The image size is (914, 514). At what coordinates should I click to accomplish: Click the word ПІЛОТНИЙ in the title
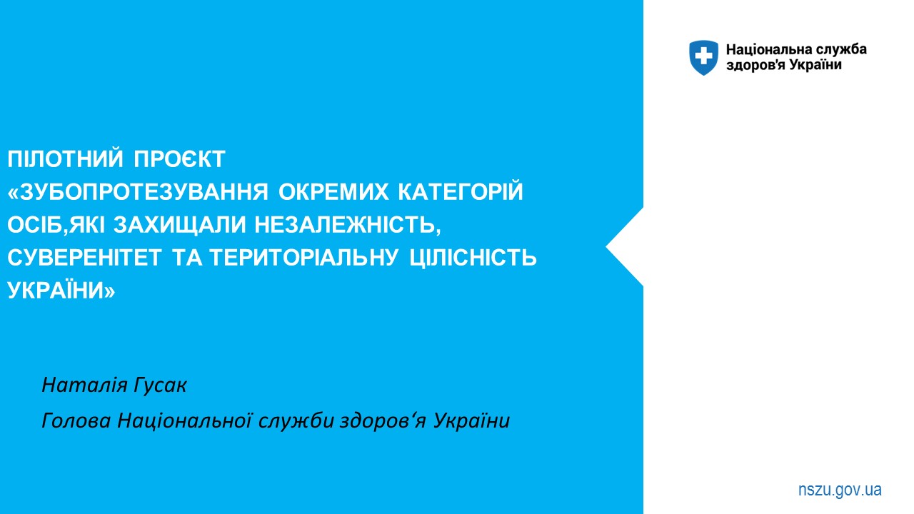click(x=65, y=158)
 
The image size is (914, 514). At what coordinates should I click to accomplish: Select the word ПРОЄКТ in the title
click(x=179, y=158)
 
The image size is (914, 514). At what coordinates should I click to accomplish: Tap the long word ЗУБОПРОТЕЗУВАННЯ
click(x=138, y=192)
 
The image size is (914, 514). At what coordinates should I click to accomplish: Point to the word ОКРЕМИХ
click(x=333, y=192)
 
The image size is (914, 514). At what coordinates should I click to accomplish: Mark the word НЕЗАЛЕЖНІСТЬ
click(x=348, y=225)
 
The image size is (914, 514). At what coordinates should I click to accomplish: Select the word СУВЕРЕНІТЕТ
click(x=84, y=258)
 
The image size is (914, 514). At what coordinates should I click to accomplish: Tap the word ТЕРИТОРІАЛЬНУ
click(x=304, y=258)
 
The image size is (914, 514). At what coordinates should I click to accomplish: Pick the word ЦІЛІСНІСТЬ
click(x=473, y=258)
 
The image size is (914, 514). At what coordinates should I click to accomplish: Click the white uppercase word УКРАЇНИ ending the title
click(x=61, y=290)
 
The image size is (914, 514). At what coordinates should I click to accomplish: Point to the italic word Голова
click(x=76, y=420)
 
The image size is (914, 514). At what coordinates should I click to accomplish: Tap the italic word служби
click(x=296, y=421)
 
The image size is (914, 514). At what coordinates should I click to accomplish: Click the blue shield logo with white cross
click(x=703, y=58)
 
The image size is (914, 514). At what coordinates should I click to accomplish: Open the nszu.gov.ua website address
click(x=840, y=490)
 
